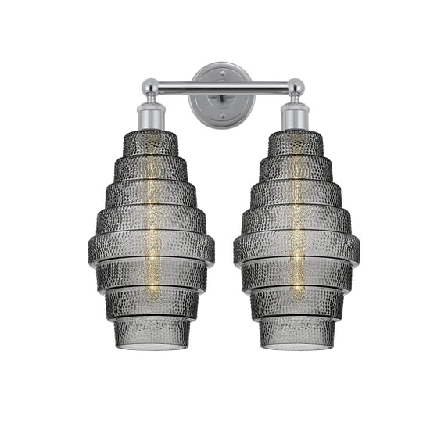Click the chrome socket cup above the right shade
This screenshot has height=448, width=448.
295,117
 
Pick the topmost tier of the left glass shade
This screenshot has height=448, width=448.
151,143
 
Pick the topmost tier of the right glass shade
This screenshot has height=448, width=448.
296,143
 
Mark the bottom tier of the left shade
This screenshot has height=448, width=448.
151,335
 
